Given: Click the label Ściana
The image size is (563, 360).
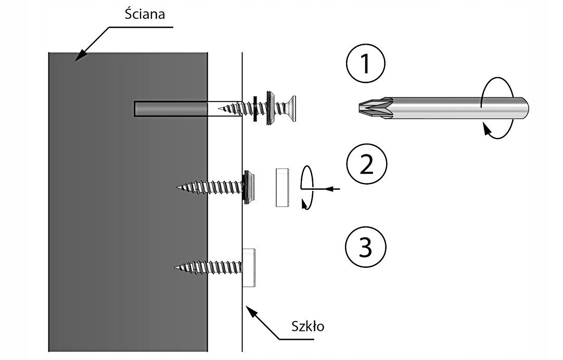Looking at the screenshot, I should click(145, 14).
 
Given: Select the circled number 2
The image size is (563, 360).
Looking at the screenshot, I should click(366, 165).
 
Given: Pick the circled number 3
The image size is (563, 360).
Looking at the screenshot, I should click(366, 248).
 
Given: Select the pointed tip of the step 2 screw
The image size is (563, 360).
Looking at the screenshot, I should click(180, 187).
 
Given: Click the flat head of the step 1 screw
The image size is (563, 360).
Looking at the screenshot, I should click(292, 109).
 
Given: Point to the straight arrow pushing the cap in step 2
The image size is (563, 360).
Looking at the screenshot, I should click(328, 189).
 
